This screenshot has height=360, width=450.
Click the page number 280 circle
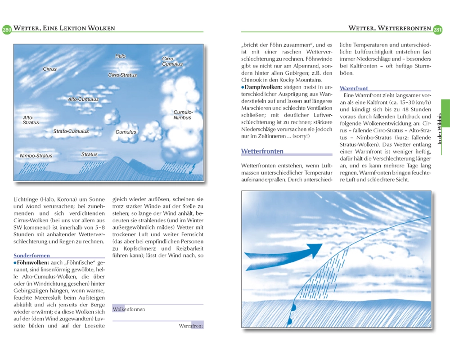point(7,29)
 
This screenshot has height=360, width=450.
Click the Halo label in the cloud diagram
point(120,56)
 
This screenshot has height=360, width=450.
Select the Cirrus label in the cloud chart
point(49,69)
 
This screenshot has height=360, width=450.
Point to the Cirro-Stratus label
point(122,75)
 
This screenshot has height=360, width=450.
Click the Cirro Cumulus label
point(172,62)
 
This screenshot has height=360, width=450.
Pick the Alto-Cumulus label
point(83,99)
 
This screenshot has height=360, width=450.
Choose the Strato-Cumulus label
point(71,131)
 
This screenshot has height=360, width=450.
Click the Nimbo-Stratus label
point(36,156)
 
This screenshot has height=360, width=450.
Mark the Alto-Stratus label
point(31,120)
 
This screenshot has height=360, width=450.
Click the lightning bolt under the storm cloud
point(193,169)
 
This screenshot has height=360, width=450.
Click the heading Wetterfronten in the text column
point(262,151)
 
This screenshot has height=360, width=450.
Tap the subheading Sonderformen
point(31,255)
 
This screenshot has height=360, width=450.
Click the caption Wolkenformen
point(129,310)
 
